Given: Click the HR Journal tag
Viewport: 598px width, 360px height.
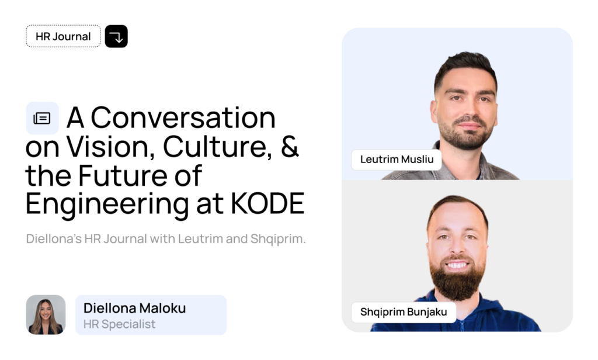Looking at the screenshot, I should [63, 36].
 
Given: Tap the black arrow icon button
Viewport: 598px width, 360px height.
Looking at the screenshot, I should [116, 36].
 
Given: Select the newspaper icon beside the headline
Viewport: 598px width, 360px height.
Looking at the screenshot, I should [42, 118].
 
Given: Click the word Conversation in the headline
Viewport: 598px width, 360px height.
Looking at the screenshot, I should [183, 117].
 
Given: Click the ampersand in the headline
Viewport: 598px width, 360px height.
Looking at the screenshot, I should [290, 147].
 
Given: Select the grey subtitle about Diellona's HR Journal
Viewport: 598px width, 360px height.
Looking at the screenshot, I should [166, 240].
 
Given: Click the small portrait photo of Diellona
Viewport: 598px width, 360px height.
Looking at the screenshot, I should [46, 314].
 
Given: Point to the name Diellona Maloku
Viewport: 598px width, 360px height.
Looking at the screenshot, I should [134, 308].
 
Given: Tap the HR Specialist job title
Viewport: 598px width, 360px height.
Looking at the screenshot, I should [120, 324].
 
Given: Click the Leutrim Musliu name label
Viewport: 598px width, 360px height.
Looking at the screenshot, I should [396, 160].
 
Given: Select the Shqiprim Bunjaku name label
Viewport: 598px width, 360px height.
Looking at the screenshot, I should [404, 312].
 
